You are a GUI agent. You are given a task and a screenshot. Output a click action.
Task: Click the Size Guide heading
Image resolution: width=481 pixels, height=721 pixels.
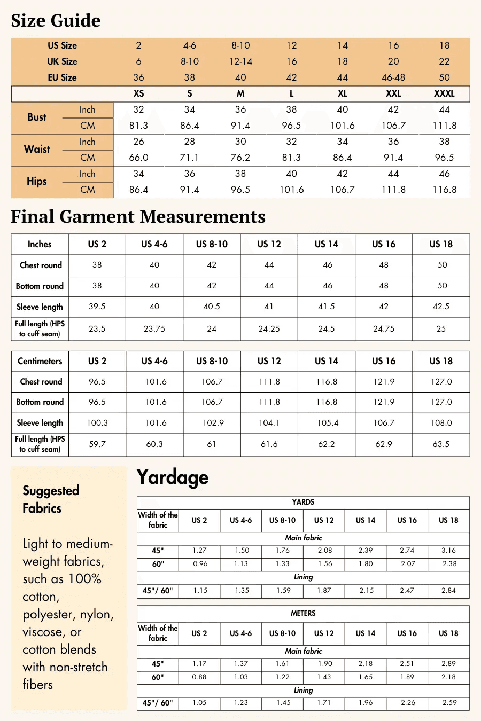pos(56,21)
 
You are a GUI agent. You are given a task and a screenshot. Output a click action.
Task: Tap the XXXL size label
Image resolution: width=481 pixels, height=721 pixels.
pos(444,93)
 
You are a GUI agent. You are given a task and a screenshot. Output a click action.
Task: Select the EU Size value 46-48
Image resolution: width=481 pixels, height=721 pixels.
pos(393,77)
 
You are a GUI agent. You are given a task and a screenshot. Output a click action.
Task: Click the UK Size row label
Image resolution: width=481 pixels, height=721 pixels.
pos(62,61)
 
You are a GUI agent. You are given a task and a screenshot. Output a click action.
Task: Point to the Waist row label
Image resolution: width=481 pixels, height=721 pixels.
pos(37,149)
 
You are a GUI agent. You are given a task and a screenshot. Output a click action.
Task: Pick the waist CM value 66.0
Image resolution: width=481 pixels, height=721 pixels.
pos(138,158)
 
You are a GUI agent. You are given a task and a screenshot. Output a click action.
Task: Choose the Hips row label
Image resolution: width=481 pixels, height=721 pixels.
pos(37,181)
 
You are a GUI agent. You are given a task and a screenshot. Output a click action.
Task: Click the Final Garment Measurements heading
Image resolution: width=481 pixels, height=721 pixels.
pos(138,217)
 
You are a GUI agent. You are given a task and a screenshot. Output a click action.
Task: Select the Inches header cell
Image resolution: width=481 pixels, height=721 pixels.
pos(40,244)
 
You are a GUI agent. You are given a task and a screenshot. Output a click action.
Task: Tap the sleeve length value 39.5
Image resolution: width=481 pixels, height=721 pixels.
pos(97,307)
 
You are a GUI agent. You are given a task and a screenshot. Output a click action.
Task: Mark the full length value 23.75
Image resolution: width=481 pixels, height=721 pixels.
pos(154,329)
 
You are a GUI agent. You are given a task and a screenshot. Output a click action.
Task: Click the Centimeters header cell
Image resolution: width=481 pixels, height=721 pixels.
pos(40,361)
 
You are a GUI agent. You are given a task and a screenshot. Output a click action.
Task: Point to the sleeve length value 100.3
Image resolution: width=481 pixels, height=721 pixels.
pos(97,423)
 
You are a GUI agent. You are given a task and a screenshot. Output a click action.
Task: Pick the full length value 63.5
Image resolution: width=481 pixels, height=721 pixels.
pos(441,444)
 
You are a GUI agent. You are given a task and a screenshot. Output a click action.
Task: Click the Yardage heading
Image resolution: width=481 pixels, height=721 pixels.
pos(172,477)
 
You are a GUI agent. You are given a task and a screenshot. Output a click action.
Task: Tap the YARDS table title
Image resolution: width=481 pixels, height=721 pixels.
pos(303,502)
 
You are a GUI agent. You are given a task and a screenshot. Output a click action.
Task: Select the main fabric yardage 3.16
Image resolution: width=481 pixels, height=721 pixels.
pos(448,550)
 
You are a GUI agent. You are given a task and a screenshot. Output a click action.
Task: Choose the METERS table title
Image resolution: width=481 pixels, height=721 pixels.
pos(303,613)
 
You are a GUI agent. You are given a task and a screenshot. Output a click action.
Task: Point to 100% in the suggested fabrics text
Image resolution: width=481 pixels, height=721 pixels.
pos(85,579)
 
